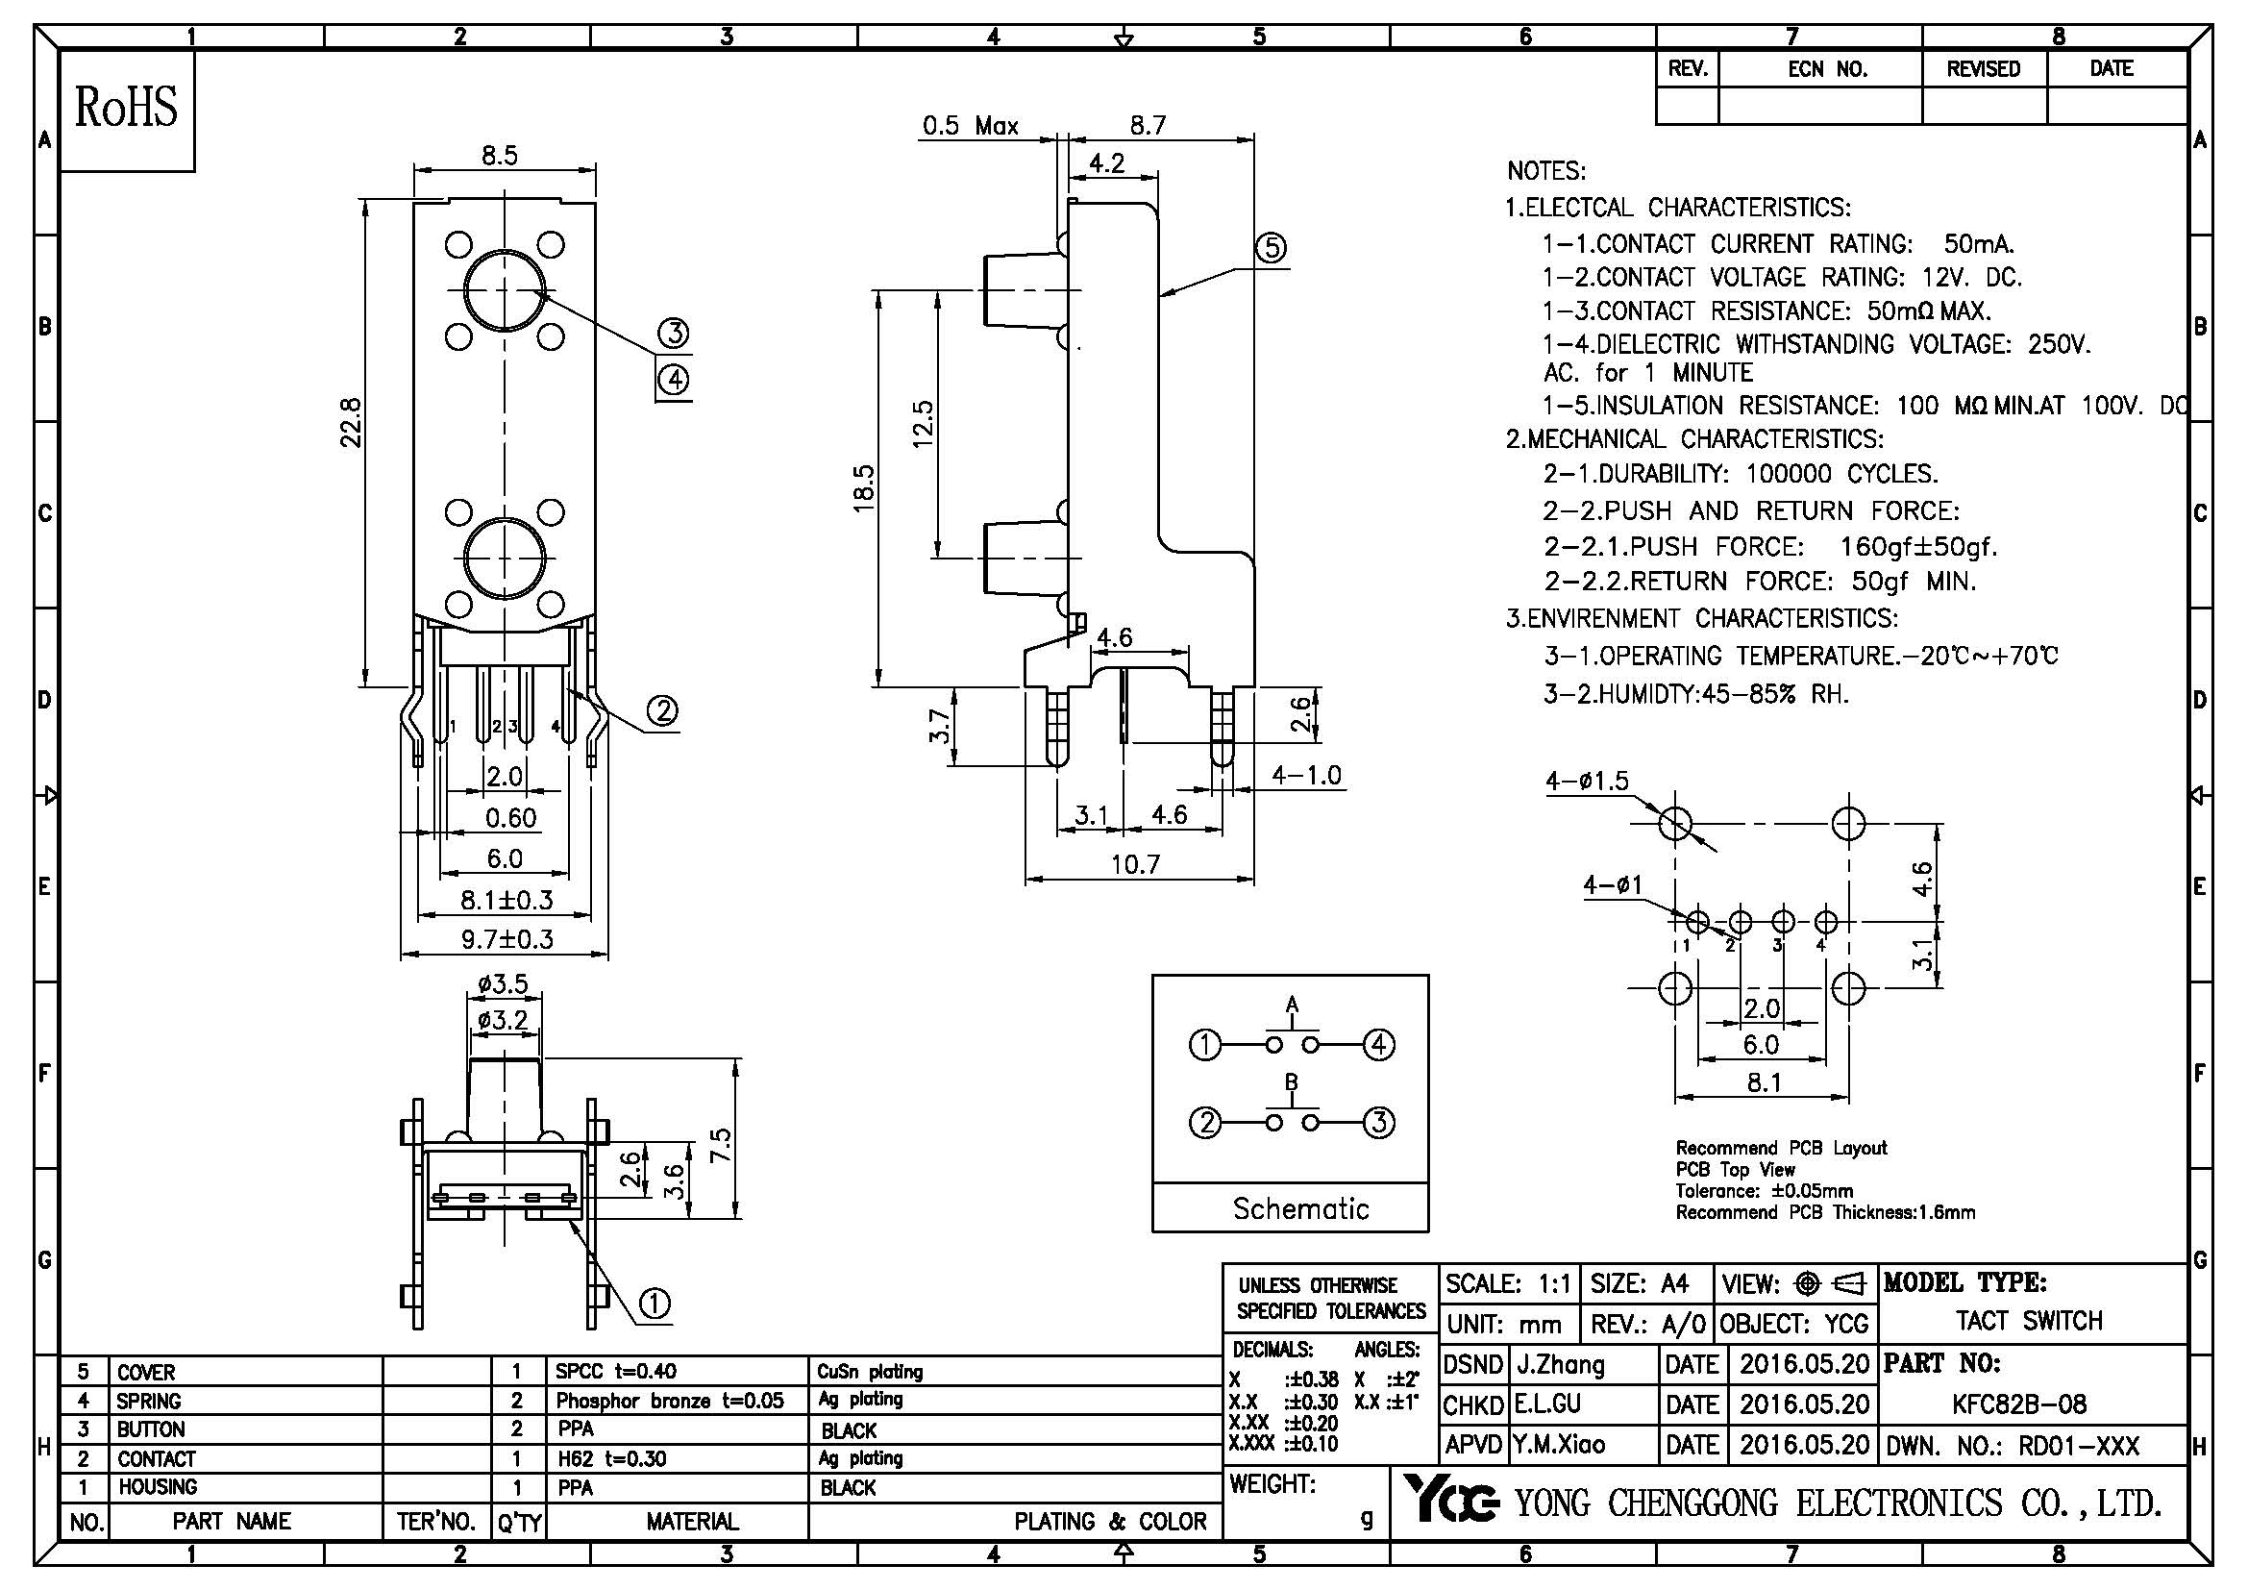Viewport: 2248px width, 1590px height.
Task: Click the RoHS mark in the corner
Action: tap(127, 108)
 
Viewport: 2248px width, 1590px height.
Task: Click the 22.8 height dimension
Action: tap(352, 422)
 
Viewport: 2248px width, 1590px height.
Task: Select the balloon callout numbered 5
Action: tap(1271, 248)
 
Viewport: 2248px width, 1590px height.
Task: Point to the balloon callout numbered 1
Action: tap(655, 1304)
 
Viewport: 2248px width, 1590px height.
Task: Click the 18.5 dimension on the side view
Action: tap(864, 487)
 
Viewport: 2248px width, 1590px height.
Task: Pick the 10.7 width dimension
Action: tap(1136, 863)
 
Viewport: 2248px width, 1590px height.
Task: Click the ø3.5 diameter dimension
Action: tap(504, 983)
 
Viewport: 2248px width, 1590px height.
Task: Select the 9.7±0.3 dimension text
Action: tap(507, 940)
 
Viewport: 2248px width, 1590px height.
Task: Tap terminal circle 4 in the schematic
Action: tap(1378, 1046)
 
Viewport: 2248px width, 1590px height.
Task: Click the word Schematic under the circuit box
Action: tap(1300, 1208)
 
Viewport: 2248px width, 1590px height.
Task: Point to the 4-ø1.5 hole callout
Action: tap(1587, 781)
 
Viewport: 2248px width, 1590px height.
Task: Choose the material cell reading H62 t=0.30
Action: tap(612, 1459)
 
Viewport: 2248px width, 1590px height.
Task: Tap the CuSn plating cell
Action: tap(870, 1372)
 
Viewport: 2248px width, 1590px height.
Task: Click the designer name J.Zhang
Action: tap(1561, 1365)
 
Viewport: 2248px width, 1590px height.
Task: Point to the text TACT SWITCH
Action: tap(2029, 1321)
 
